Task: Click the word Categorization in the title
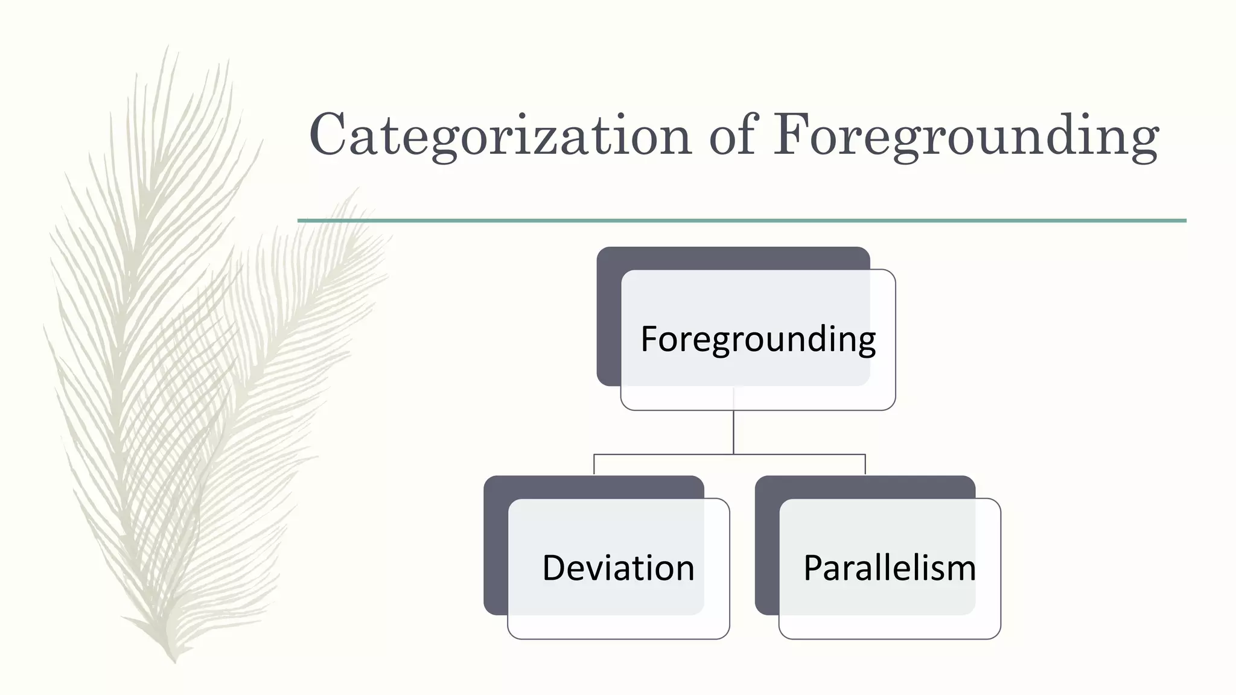coord(500,135)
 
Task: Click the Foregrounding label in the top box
coord(758,339)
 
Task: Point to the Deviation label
coord(618,568)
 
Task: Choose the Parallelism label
coord(890,568)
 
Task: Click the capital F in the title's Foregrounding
coord(791,134)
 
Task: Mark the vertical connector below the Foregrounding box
coord(733,432)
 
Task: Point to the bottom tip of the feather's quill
coord(174,661)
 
